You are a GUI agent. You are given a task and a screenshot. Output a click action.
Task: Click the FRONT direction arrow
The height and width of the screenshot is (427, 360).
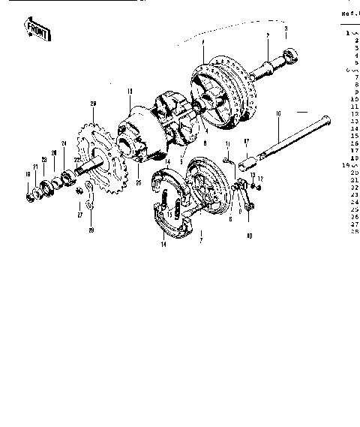pos(36,31)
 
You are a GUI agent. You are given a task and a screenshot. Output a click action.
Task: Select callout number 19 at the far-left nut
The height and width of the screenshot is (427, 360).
pos(27,176)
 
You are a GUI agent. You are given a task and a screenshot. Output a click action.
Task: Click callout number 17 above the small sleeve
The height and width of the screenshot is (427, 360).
pos(246,140)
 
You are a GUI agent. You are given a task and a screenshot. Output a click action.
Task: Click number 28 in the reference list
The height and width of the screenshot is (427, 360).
pos(355,230)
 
